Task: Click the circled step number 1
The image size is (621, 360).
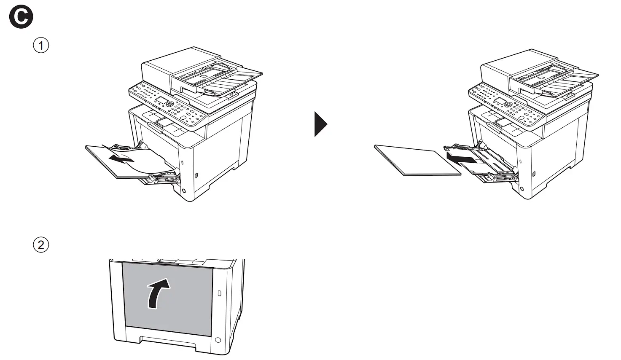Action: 41,46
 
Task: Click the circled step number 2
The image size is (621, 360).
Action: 41,245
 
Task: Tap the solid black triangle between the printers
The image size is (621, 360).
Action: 320,124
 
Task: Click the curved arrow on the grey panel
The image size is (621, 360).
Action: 159,293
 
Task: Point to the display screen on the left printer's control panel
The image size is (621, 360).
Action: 162,100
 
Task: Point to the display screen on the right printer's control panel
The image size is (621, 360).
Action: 500,100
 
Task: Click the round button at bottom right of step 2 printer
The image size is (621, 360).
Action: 218,340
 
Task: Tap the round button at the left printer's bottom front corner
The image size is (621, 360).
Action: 183,191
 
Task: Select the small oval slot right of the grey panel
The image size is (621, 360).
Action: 219,293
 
